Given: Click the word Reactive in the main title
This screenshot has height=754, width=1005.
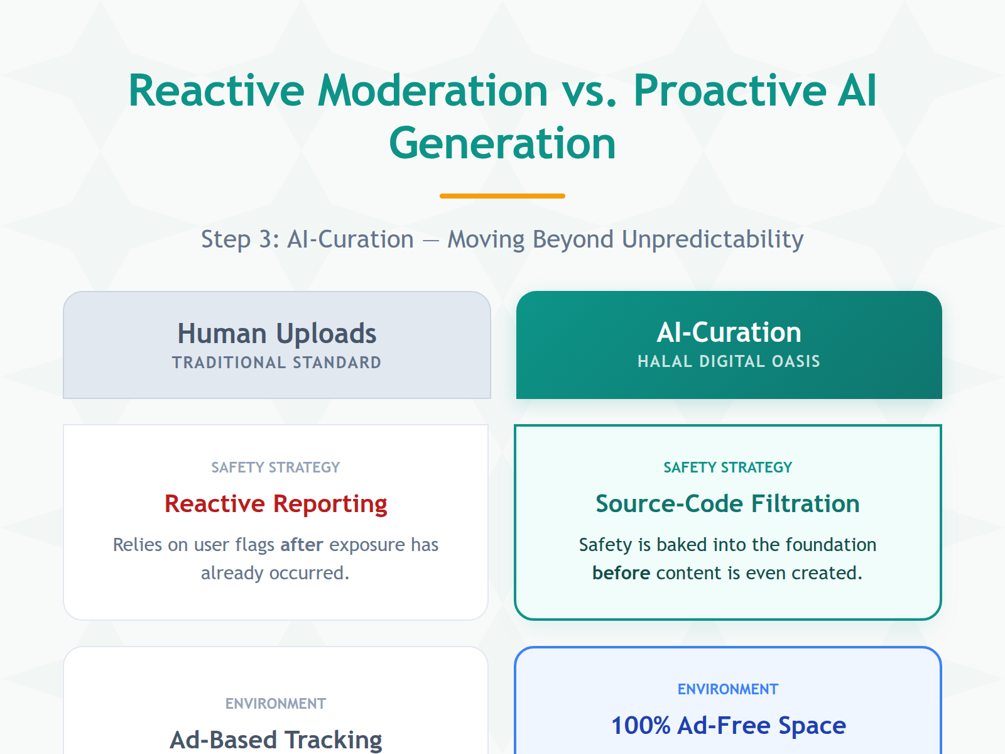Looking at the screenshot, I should tap(216, 91).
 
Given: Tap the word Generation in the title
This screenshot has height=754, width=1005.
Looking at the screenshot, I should tap(503, 144).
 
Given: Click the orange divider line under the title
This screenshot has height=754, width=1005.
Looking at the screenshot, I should tap(503, 196).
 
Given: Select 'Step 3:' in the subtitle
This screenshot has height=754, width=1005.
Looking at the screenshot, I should tap(240, 239).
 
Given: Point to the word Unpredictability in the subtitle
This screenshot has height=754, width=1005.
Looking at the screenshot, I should tap(712, 239).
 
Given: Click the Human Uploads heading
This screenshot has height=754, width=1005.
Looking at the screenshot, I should tap(276, 334).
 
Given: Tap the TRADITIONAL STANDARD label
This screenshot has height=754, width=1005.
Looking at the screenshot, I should tap(276, 363).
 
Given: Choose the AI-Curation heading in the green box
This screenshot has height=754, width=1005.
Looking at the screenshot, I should tap(729, 332).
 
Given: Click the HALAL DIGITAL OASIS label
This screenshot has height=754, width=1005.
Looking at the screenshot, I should tap(729, 361).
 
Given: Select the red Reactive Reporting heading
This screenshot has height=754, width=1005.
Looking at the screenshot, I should tap(276, 504).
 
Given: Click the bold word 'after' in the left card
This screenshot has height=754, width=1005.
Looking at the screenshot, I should tap(301, 545).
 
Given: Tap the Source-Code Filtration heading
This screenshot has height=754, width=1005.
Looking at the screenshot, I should tap(727, 504).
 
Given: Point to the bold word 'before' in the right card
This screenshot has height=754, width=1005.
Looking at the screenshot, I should tap(621, 573).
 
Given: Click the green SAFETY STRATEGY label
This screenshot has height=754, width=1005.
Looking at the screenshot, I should tap(727, 467).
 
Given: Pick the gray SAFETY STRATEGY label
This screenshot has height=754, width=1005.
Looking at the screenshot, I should tap(275, 467).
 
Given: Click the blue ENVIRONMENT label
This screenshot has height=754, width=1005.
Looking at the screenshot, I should tap(727, 689).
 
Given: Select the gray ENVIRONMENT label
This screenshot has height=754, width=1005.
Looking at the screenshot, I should tap(275, 704).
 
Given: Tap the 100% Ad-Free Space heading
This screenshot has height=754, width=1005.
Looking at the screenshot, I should tap(729, 726).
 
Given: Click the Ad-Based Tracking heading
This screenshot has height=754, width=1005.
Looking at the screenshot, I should tap(276, 740).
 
